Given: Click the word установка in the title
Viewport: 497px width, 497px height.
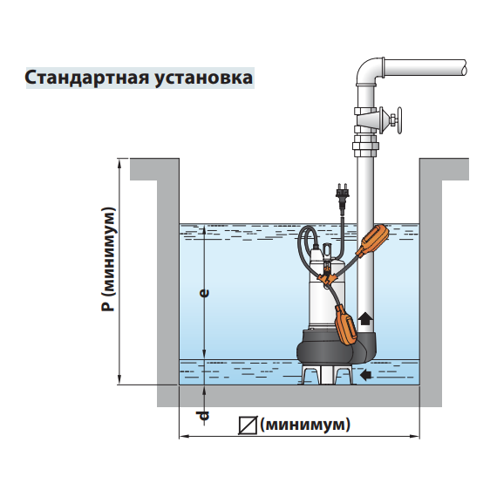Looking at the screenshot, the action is (204, 78).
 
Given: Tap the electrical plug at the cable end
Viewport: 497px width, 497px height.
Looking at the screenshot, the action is (342, 195).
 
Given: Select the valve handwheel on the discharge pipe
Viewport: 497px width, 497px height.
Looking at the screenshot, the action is (398, 120).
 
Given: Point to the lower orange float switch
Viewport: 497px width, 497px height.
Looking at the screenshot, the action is (346, 324).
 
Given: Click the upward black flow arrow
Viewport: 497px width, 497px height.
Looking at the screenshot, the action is (364, 318).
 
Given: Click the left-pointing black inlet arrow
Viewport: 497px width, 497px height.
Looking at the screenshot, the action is (366, 375).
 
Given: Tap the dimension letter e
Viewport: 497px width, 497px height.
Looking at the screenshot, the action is (205, 293).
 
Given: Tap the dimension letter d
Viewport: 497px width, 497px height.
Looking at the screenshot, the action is (203, 415).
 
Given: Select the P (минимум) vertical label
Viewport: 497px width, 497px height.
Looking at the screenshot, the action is (108, 259).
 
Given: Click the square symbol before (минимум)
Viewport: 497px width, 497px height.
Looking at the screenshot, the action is (248, 425).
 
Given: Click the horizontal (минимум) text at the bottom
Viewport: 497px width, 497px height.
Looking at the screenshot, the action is (305, 425).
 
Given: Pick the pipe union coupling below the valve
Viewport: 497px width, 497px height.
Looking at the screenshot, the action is (366, 146).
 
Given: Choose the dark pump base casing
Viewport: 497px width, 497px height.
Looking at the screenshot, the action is (337, 347).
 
